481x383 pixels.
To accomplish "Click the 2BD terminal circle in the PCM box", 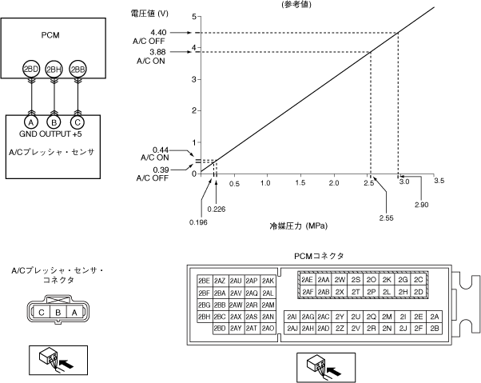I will [x=31, y=70].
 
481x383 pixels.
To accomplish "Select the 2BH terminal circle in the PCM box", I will [x=54, y=70].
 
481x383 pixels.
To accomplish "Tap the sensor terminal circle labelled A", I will [x=31, y=122].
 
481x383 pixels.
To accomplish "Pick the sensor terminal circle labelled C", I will [x=78, y=122].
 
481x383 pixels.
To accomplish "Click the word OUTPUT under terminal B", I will [x=54, y=134].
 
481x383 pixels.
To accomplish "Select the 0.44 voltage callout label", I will [x=161, y=150].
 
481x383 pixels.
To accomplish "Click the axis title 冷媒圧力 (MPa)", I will [x=300, y=226].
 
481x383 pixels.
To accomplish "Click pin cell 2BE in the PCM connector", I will [x=204, y=281].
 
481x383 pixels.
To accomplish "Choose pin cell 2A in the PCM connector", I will [x=435, y=317].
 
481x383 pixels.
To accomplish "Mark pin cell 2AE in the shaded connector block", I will [x=307, y=280].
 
